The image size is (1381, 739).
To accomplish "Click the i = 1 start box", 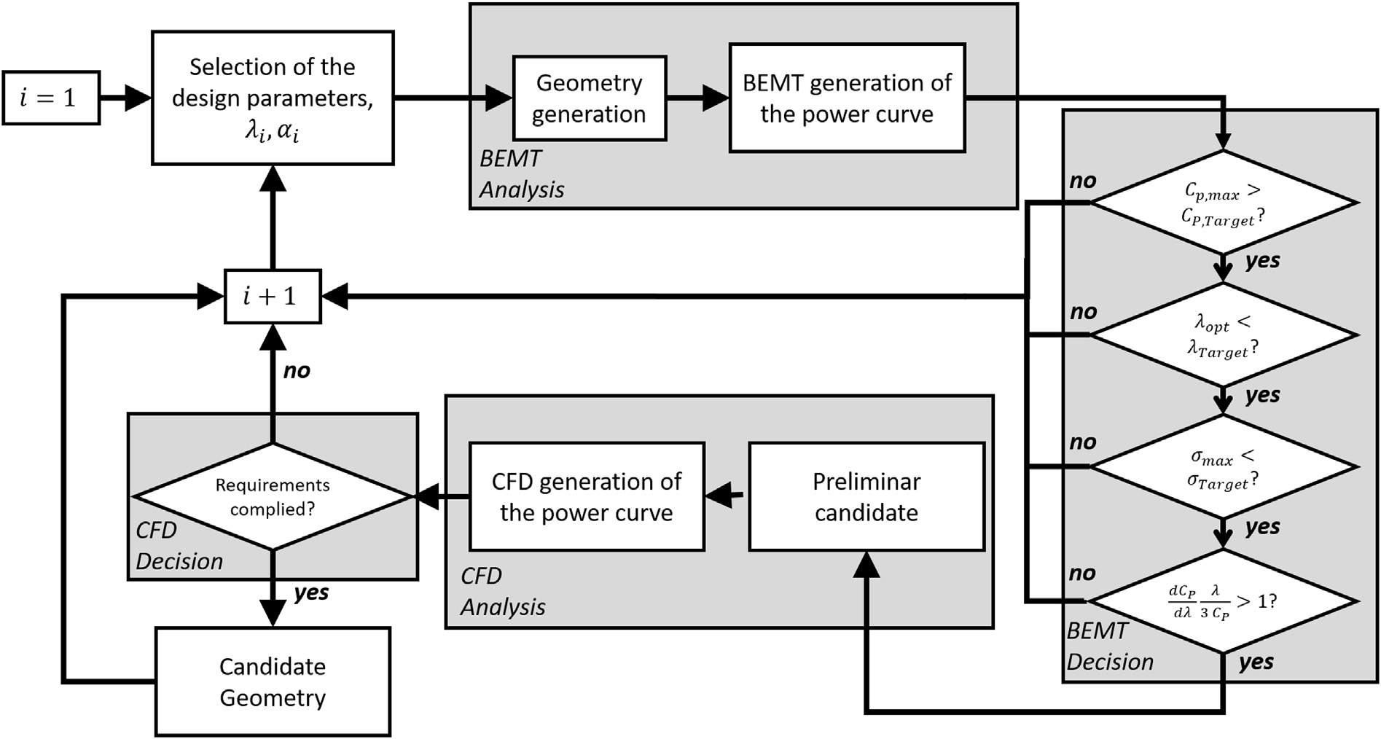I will (x=50, y=98).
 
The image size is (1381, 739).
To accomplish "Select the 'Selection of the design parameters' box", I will (x=273, y=98).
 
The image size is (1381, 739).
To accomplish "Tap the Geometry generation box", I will (x=589, y=98).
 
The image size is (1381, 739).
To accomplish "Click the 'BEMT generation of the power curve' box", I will (x=847, y=98).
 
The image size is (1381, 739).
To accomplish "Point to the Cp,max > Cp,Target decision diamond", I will (x=1224, y=203).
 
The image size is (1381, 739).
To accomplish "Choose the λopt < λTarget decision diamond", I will (x=1224, y=335).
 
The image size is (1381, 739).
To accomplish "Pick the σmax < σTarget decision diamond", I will (x=1224, y=467).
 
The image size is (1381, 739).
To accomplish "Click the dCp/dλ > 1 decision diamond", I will (x=1224, y=601).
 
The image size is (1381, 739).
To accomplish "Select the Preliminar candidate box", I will (x=866, y=496).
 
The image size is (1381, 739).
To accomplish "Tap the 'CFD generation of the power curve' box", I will (x=586, y=496).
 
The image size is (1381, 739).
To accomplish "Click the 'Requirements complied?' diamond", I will (x=273, y=496).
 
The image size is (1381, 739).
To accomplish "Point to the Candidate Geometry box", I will (x=273, y=681).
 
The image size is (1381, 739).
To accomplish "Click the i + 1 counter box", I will (x=272, y=296).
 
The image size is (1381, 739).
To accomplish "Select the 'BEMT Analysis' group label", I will (x=520, y=174).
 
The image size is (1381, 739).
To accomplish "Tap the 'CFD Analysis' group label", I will (x=502, y=591).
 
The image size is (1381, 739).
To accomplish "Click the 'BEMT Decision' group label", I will (x=1109, y=646).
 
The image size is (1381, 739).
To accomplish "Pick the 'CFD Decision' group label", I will (x=179, y=546).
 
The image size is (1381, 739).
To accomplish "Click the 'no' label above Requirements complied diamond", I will (x=297, y=371).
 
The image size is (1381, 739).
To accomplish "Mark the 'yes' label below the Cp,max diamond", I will (x=1262, y=261).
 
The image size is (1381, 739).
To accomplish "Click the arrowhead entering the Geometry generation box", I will (x=500, y=98).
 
